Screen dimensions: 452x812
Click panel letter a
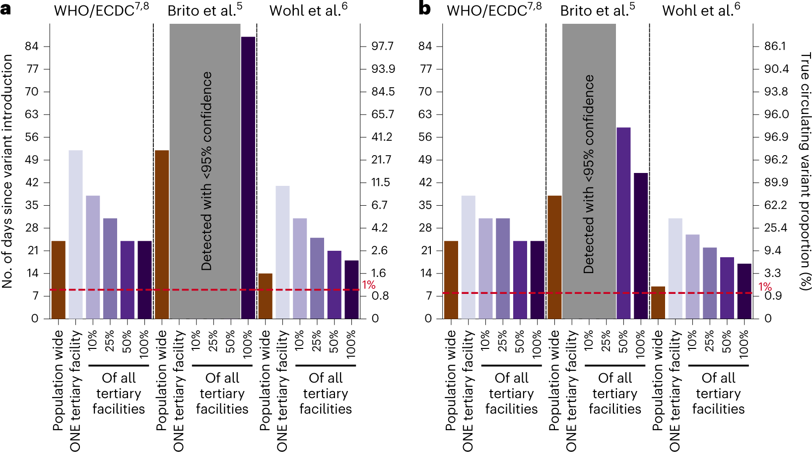pyautogui.click(x=6, y=9)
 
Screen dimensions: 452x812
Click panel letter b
pyautogui.click(x=424, y=9)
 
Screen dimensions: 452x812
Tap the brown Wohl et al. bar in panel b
pyautogui.click(x=658, y=302)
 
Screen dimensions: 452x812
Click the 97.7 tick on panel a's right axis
pyautogui.click(x=382, y=46)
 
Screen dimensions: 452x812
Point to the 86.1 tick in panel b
pyautogui.click(x=775, y=46)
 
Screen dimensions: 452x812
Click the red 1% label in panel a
pyautogui.click(x=368, y=285)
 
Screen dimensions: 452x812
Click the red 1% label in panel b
pyautogui.click(x=765, y=287)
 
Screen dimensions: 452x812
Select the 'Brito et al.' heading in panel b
pyautogui.click(x=597, y=10)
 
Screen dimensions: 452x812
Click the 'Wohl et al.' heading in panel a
pyautogui.click(x=308, y=10)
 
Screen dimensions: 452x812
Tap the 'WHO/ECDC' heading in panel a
pyautogui.click(x=101, y=10)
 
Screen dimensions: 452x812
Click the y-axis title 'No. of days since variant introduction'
pyautogui.click(x=7, y=171)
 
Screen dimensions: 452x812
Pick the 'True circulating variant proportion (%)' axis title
pyautogui.click(x=805, y=171)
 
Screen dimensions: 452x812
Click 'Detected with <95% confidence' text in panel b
pyautogui.click(x=589, y=173)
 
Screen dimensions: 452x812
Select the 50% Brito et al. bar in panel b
pyautogui.click(x=623, y=223)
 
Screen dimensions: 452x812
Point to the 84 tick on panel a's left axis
pyautogui.click(x=32, y=46)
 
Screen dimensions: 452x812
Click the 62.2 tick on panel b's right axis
pyautogui.click(x=775, y=205)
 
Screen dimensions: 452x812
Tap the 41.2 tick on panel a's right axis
pyautogui.click(x=382, y=137)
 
